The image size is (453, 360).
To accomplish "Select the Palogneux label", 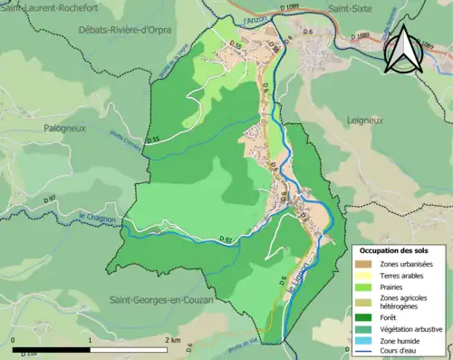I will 64,129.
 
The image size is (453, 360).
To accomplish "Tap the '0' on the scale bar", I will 14,339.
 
